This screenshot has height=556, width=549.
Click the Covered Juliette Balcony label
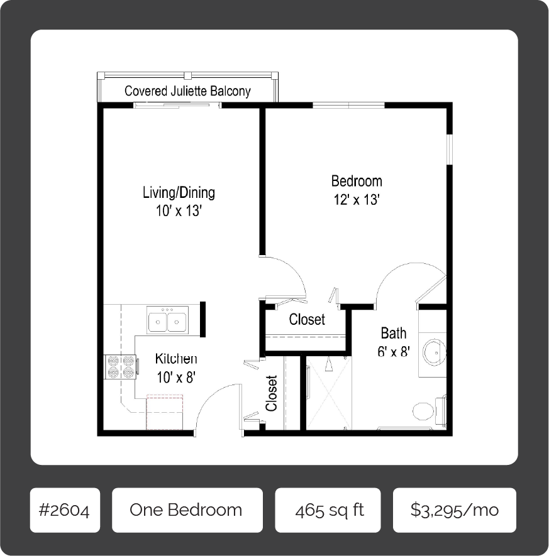187,91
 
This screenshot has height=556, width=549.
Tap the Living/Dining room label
179,192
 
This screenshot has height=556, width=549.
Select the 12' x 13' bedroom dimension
357,200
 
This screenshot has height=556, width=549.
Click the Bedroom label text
357,182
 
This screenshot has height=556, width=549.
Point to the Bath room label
394,333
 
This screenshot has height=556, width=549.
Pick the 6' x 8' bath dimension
394,352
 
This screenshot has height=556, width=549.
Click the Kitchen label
176,359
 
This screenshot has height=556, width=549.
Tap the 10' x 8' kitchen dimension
176,378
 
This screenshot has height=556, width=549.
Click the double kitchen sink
167,321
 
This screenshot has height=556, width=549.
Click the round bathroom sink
433,352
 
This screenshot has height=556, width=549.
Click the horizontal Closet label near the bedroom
307,319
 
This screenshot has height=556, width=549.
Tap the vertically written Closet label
272,393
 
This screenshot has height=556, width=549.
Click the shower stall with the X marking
326,393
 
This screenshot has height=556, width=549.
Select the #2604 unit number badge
65,510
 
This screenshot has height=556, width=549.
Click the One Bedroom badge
186,510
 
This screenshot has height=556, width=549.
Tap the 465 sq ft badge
328,510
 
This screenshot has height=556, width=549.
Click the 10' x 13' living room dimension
179,211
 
